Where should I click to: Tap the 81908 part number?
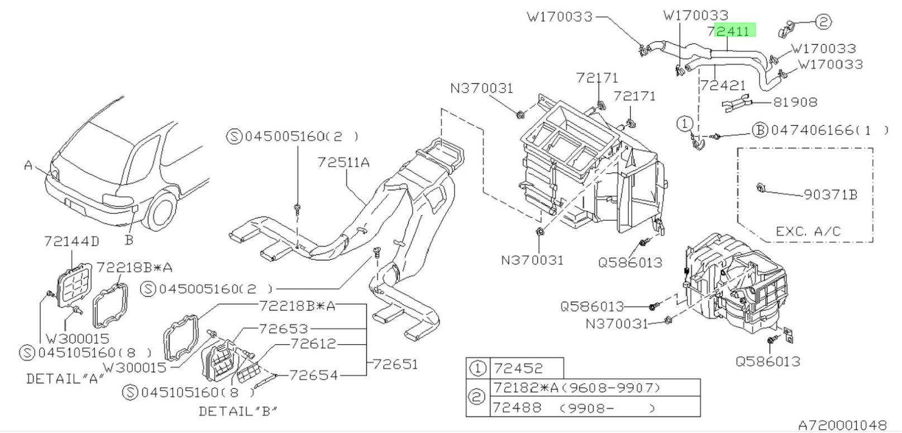(795, 102)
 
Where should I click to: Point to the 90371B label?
(830, 195)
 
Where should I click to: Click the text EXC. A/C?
(808, 231)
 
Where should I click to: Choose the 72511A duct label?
(343, 163)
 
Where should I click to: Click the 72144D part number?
(71, 241)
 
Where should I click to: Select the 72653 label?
(283, 329)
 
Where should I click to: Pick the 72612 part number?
(313, 344)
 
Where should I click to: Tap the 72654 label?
(313, 375)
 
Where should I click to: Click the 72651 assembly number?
(395, 364)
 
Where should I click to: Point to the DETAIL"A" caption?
(65, 379)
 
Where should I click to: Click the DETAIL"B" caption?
(238, 412)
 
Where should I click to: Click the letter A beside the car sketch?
(28, 165)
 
